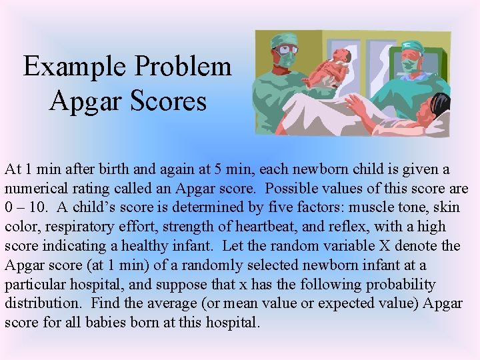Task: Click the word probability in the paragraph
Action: [400, 285]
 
